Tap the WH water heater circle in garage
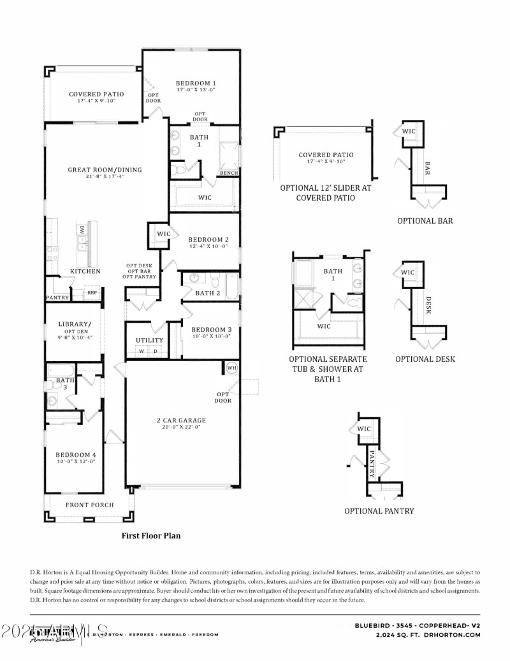(x=231, y=368)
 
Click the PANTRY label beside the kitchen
(x=57, y=297)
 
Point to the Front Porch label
(x=90, y=505)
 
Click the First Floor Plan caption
(x=151, y=536)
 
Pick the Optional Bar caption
(x=425, y=221)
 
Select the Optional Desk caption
(x=425, y=359)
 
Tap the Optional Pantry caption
(x=379, y=511)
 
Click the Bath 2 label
(x=208, y=293)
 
